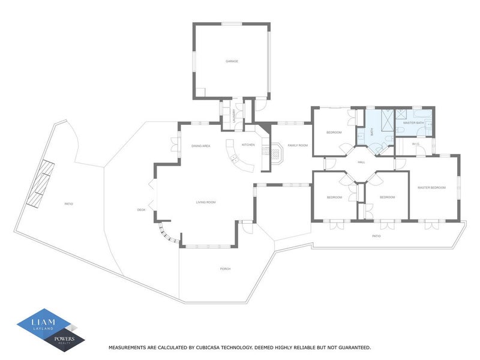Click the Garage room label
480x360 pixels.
pos(232,61)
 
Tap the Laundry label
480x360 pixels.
pos(234,115)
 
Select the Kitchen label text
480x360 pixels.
pos(248,145)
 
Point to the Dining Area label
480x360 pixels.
pos(200,146)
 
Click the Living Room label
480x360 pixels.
pos(205,202)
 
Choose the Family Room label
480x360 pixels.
pos(297,145)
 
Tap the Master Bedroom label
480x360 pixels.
pos(431,188)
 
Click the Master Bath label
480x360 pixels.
pos(413,123)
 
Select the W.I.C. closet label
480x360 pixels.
pos(415,145)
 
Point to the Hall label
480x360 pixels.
pos(361,162)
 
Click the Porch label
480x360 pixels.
pos(225,269)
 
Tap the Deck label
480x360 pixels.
pos(141,209)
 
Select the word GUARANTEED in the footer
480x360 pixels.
pos(352,347)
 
